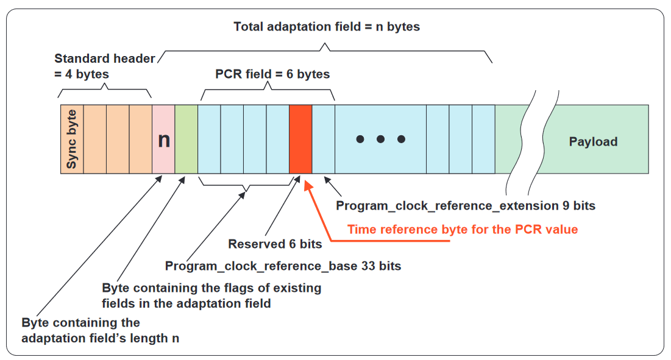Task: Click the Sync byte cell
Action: pyautogui.click(x=72, y=139)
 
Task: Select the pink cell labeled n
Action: pyautogui.click(x=163, y=139)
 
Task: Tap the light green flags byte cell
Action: pyautogui.click(x=186, y=139)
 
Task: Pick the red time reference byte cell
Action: pyautogui.click(x=300, y=139)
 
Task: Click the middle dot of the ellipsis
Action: pyautogui.click(x=380, y=139)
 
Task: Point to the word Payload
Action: pyautogui.click(x=593, y=141)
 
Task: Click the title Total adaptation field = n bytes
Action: pyautogui.click(x=327, y=27)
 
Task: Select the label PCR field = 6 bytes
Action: pyautogui.click(x=272, y=74)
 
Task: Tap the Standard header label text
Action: pyautogui.click(x=104, y=66)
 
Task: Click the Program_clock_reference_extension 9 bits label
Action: pyautogui.click(x=466, y=206)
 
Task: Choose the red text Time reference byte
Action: pyautogui.click(x=463, y=230)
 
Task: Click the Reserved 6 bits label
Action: pyautogui.click(x=275, y=244)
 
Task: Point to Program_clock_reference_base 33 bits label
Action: pyautogui.click(x=283, y=266)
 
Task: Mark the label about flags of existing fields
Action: pyautogui.click(x=211, y=295)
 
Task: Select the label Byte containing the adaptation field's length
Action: pyautogui.click(x=100, y=330)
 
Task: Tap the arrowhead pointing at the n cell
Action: pyautogui.click(x=158, y=178)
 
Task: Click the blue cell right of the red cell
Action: pyautogui.click(x=324, y=139)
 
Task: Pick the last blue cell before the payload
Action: pyautogui.click(x=483, y=139)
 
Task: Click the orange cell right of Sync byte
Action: pyautogui.click(x=95, y=139)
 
